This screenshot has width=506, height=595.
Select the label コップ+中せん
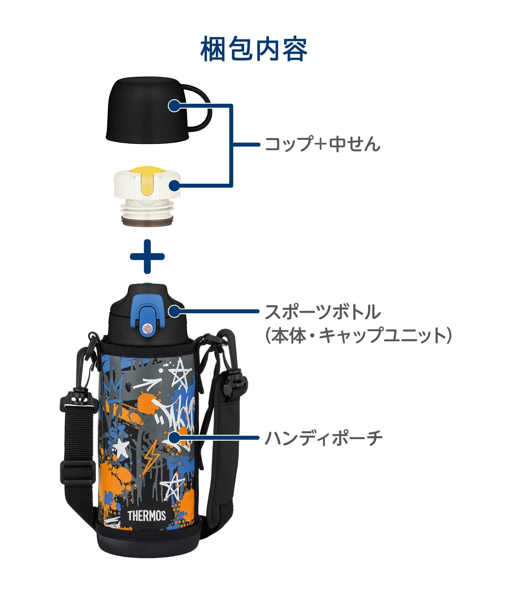[322, 145]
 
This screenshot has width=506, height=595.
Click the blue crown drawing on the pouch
[111, 390]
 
